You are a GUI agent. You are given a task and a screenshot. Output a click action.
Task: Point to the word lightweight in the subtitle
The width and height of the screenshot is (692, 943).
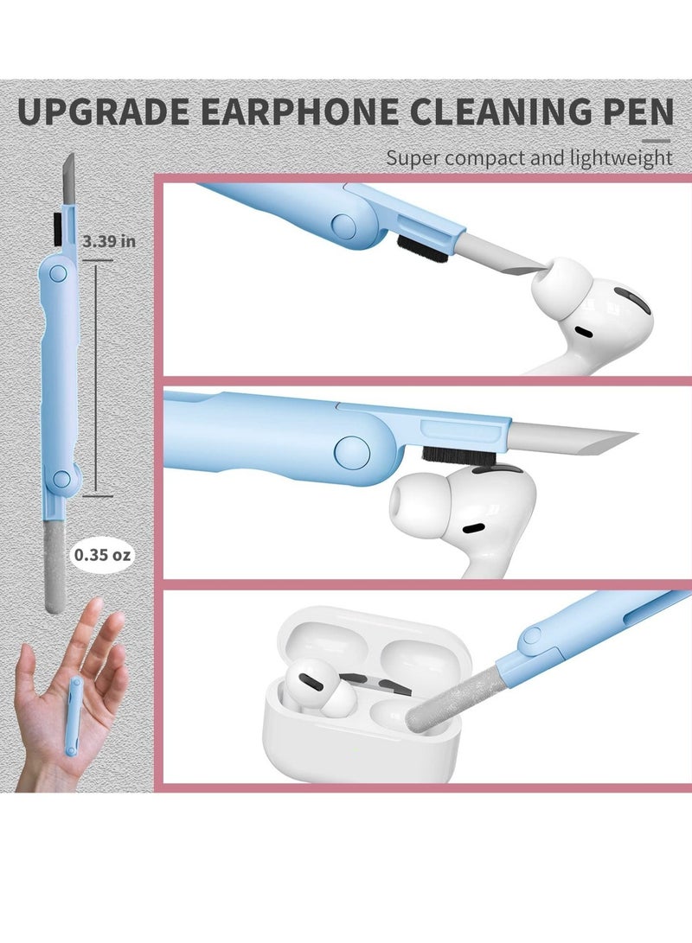[621, 158]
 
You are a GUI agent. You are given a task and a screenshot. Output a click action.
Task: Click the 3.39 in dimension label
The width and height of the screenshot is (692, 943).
[109, 241]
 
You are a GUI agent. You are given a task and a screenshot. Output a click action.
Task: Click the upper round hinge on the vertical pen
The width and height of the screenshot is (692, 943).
[58, 272]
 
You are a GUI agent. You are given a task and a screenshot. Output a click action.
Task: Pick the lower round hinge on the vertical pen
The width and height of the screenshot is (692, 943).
[61, 479]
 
